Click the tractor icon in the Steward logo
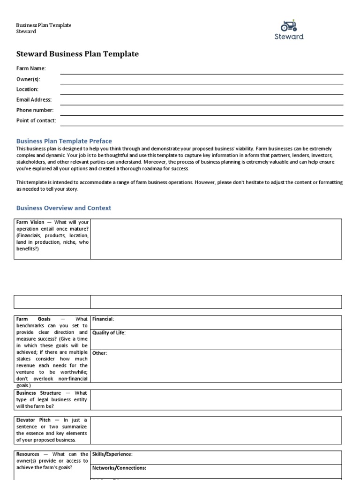point(289,25)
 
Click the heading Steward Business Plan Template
point(78,54)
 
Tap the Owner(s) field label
point(28,79)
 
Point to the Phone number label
point(35,110)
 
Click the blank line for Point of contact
point(202,123)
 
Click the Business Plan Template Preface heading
point(64,141)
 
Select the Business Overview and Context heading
point(64,208)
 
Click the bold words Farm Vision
point(30,222)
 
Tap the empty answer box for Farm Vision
point(216,239)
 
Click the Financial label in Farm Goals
point(103,319)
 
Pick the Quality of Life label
point(109,333)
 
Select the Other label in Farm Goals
point(99,353)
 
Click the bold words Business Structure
point(38,393)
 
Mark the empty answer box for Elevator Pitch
point(216,430)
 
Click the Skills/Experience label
point(112,454)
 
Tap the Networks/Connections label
point(119,468)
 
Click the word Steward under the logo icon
point(289,37)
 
